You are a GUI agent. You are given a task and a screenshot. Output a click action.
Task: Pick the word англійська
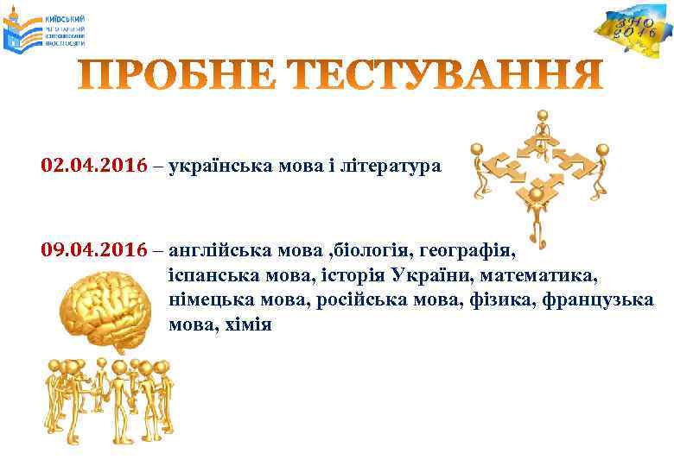[215, 252]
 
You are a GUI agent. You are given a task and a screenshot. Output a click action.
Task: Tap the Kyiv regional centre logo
[48, 33]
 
